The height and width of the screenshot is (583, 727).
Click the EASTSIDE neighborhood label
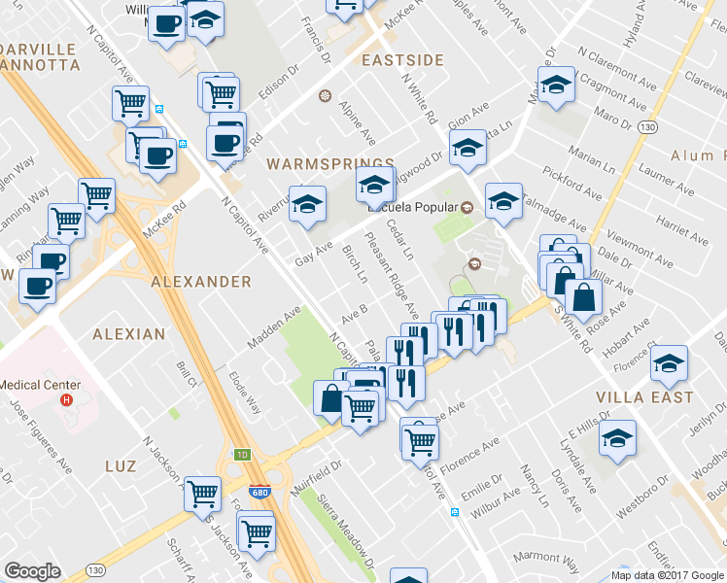[401, 60]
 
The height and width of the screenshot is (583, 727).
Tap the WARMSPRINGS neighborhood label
[331, 164]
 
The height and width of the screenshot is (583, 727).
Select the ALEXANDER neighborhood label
[201, 282]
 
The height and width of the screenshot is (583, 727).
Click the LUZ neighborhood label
[127, 466]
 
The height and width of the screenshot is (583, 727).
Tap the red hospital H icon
[66, 399]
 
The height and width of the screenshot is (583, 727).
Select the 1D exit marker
[243, 454]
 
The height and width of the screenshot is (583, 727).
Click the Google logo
[32, 571]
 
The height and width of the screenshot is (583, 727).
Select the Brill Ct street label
[187, 375]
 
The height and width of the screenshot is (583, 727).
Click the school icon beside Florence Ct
[668, 364]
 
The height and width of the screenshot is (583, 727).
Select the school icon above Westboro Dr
[617, 439]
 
